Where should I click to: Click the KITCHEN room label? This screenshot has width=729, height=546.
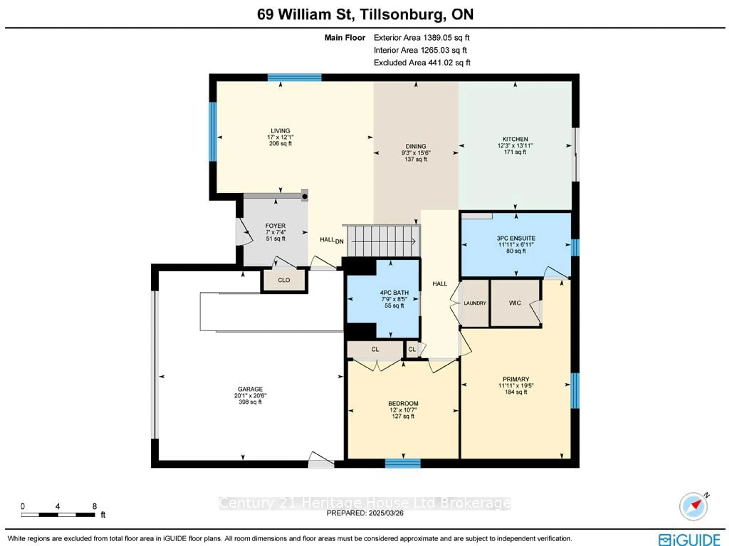pyautogui.click(x=515, y=139)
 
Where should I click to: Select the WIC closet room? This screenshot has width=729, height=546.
pyautogui.click(x=515, y=303)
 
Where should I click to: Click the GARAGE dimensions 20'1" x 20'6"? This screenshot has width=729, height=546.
pyautogui.click(x=250, y=395)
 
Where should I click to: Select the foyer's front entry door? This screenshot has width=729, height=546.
pyautogui.click(x=244, y=232)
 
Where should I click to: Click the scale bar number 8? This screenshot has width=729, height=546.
pyautogui.click(x=95, y=506)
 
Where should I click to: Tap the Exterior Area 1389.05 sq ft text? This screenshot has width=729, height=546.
pyautogui.click(x=421, y=38)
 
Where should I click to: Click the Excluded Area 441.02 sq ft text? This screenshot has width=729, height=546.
pyautogui.click(x=422, y=63)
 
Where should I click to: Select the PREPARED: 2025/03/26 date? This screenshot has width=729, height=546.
pyautogui.click(x=365, y=513)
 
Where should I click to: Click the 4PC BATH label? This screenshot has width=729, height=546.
pyautogui.click(x=394, y=293)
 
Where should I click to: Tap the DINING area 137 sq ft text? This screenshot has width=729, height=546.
pyautogui.click(x=416, y=159)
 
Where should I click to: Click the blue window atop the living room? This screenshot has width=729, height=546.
pyautogui.click(x=294, y=78)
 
